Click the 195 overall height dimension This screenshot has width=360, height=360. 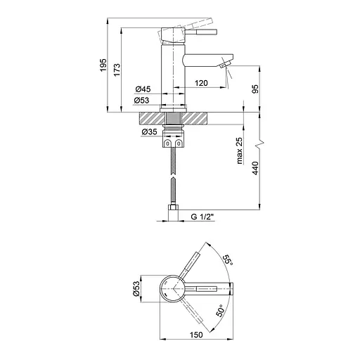(103, 65)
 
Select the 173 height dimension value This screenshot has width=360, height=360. (117, 70)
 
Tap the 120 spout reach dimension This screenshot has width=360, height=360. (201, 83)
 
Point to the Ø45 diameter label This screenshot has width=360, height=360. (143, 89)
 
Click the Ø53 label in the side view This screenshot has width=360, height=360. (141, 101)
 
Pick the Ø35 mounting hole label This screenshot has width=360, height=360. (149, 132)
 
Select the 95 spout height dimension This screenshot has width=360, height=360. (255, 89)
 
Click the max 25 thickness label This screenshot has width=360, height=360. (240, 150)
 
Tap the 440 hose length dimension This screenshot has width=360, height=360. (255, 168)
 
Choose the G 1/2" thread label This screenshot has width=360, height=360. (202, 217)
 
